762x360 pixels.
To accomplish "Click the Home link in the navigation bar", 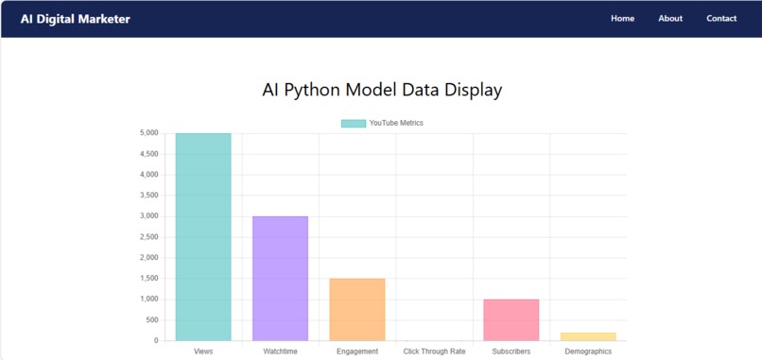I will tap(622, 19).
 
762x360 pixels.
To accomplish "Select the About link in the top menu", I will tap(670, 19).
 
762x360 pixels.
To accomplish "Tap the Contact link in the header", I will tap(721, 19).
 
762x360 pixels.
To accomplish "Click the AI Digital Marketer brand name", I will tap(76, 19).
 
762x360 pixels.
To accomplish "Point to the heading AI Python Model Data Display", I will tap(381, 91).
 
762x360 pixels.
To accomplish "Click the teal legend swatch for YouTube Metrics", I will tap(353, 123).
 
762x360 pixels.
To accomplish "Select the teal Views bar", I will tap(203, 236).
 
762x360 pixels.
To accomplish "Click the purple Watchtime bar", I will tap(280, 278).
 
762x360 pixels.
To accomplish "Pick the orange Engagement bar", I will tap(357, 309).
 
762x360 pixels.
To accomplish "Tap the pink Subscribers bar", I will tap(511, 319).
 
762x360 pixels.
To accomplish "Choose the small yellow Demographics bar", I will tap(588, 336).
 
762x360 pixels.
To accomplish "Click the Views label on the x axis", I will tap(203, 351).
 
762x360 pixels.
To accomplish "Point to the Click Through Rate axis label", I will tap(434, 351).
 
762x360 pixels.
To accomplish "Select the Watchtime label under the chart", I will tap(280, 351).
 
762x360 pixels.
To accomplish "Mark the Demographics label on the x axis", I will tap(588, 351).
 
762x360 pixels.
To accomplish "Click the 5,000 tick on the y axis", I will tap(148, 133).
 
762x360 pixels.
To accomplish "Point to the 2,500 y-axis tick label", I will tap(148, 237).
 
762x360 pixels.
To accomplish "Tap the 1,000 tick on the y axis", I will tap(148, 300).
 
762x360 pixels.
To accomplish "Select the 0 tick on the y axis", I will tap(155, 341).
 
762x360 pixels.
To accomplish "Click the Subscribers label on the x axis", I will tap(511, 351).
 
